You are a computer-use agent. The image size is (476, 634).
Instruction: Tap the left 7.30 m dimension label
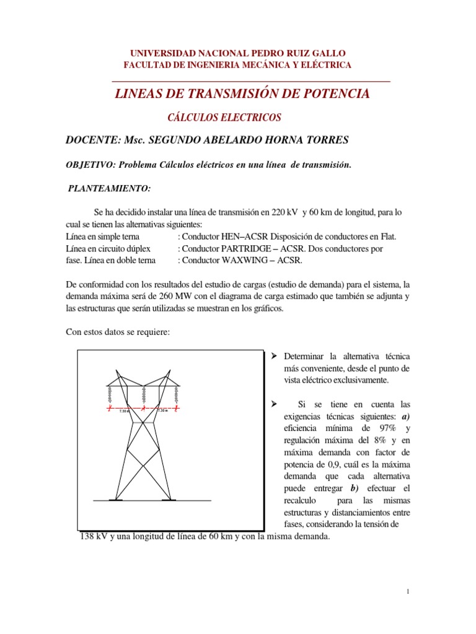click(x=125, y=410)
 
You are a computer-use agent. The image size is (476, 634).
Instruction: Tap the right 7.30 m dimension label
click(x=162, y=410)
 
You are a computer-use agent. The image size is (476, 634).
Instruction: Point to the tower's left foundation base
click(x=115, y=499)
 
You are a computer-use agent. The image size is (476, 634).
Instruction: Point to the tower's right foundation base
click(x=169, y=499)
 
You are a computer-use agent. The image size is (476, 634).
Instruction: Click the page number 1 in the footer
click(x=409, y=592)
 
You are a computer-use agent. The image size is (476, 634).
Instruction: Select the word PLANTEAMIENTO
click(x=109, y=188)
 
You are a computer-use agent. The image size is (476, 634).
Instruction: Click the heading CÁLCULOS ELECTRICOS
click(x=225, y=117)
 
